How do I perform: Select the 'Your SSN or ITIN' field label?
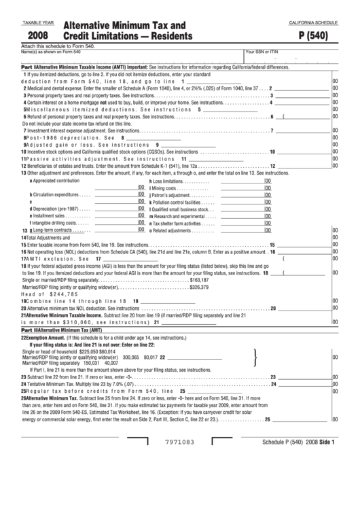click(x=262, y=52)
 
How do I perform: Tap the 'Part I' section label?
click(x=28, y=68)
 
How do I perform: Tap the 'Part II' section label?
click(x=28, y=329)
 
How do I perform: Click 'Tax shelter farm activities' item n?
click(x=177, y=223)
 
